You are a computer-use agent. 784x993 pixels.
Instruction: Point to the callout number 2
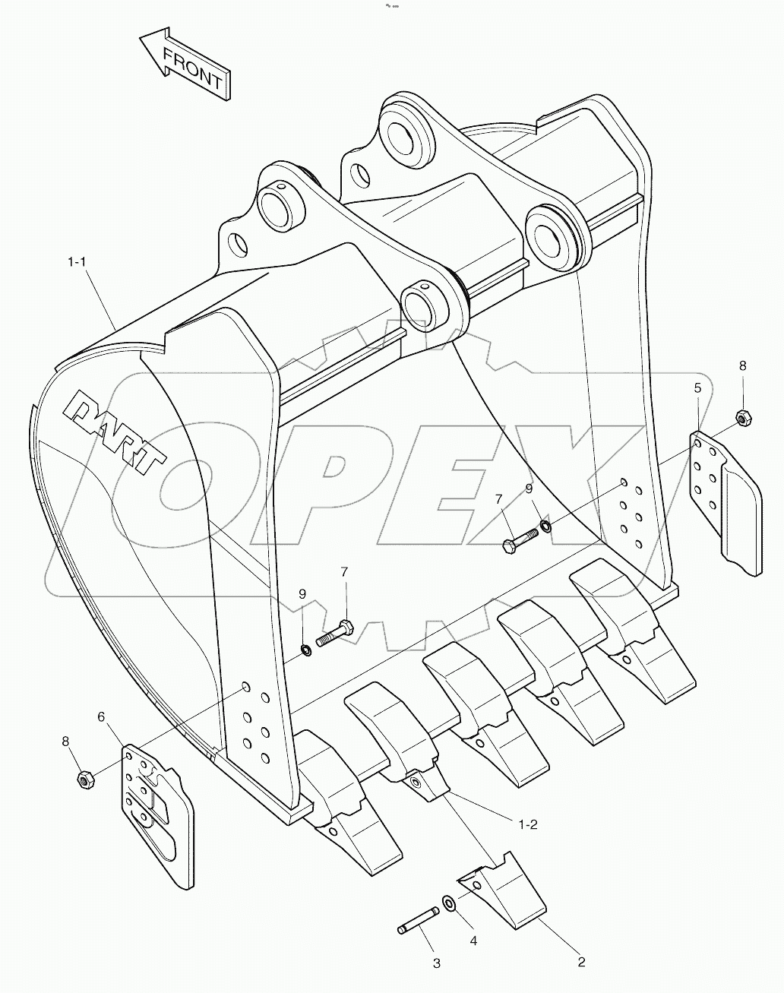[581, 962]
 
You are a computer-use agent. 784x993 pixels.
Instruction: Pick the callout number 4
[473, 941]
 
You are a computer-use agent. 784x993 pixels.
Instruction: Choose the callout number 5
[697, 387]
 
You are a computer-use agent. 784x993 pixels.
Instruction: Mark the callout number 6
[101, 716]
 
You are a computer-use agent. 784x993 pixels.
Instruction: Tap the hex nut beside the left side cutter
[85, 779]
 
